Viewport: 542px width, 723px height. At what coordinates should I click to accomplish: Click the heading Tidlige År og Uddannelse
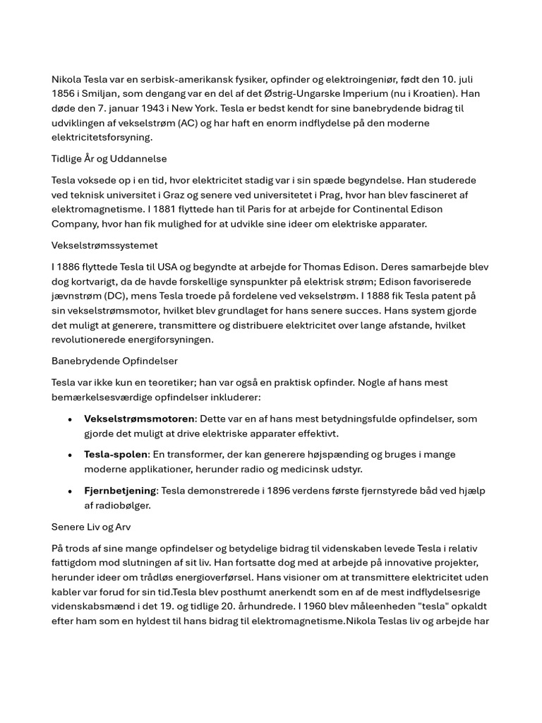[x=109, y=159]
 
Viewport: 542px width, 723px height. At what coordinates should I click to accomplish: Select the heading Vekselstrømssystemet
[x=104, y=246]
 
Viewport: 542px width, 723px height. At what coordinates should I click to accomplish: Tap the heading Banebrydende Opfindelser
[x=114, y=361]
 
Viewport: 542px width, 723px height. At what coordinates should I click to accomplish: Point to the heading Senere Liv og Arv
[x=91, y=527]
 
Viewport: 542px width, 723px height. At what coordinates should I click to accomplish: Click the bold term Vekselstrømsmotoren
[x=139, y=419]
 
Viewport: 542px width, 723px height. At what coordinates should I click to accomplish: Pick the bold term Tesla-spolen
[x=116, y=455]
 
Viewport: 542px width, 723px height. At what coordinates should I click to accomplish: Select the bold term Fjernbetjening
[x=120, y=491]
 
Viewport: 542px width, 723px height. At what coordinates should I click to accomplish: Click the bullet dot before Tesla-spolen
[x=70, y=455]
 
